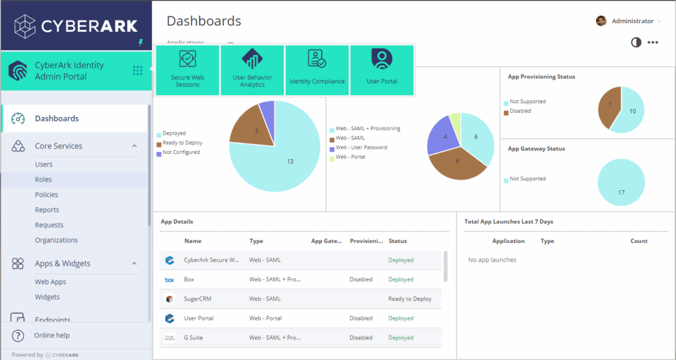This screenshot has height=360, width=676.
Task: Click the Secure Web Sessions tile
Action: (187, 70)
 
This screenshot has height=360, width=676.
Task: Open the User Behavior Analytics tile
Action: (252, 70)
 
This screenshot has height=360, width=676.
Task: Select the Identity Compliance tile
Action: (317, 70)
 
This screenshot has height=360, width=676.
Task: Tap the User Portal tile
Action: (382, 70)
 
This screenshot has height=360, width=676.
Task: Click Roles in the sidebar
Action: (44, 180)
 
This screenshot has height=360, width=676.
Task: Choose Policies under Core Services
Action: (46, 195)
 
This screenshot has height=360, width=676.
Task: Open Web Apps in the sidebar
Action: (51, 282)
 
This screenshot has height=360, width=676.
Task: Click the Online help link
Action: (51, 336)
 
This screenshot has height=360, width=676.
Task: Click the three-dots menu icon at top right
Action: (653, 42)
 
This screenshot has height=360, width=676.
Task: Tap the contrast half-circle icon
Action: (636, 42)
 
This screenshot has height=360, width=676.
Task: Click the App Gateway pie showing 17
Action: (621, 182)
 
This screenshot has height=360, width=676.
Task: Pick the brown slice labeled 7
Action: (609, 107)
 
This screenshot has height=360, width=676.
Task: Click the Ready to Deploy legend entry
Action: (182, 143)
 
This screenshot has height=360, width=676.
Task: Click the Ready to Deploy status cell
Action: (410, 299)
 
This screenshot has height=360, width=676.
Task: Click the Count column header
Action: (638, 241)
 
